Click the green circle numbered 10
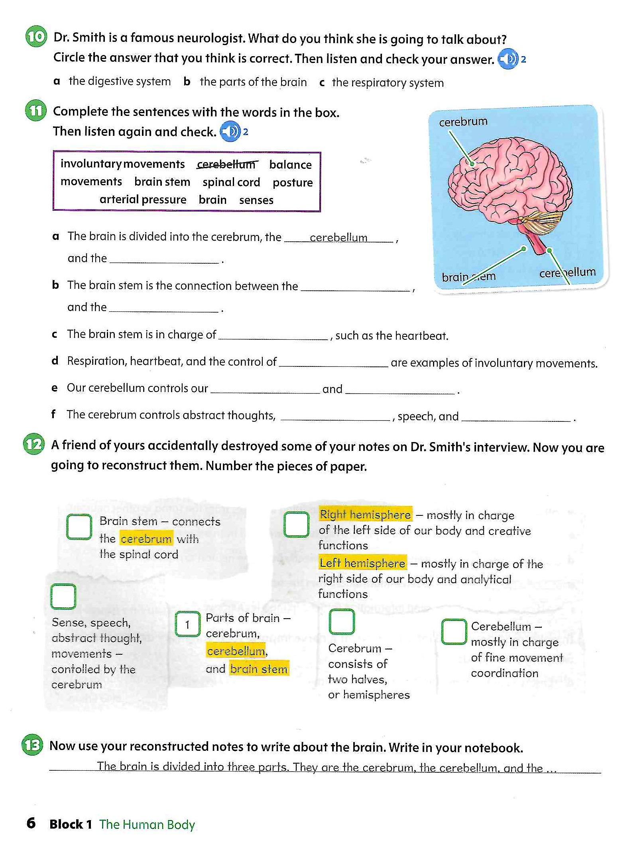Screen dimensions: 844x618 click(36, 37)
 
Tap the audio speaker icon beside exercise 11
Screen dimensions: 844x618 click(230, 131)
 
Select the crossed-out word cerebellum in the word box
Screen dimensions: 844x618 click(227, 164)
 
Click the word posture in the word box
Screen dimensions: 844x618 click(293, 182)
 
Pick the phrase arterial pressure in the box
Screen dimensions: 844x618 click(143, 199)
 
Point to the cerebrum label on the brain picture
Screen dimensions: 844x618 click(463, 121)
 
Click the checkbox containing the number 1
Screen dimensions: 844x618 click(187, 624)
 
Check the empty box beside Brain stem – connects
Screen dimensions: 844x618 click(79, 527)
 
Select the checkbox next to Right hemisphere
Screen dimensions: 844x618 click(296, 524)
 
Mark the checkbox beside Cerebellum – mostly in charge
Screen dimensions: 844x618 click(454, 631)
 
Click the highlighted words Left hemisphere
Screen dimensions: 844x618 click(362, 563)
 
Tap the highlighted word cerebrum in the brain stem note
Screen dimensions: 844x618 click(146, 539)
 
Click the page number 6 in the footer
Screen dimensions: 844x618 click(31, 823)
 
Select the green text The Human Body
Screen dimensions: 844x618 click(147, 824)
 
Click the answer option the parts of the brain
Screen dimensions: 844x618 click(253, 82)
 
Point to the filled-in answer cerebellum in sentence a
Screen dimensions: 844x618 click(339, 238)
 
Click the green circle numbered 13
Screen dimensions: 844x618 click(32, 746)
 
